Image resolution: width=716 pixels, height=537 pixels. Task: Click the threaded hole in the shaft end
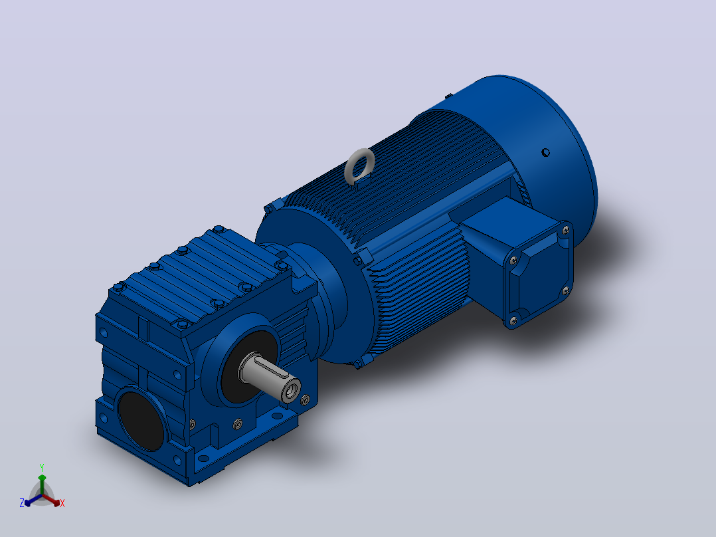(291, 391)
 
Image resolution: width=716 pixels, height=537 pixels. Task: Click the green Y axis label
(42, 467)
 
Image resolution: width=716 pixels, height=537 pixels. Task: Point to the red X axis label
(62, 503)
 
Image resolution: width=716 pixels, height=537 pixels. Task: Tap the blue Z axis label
(21, 503)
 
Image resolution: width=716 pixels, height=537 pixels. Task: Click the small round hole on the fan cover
(545, 152)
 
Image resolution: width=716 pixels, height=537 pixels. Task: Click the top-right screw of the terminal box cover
(566, 231)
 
